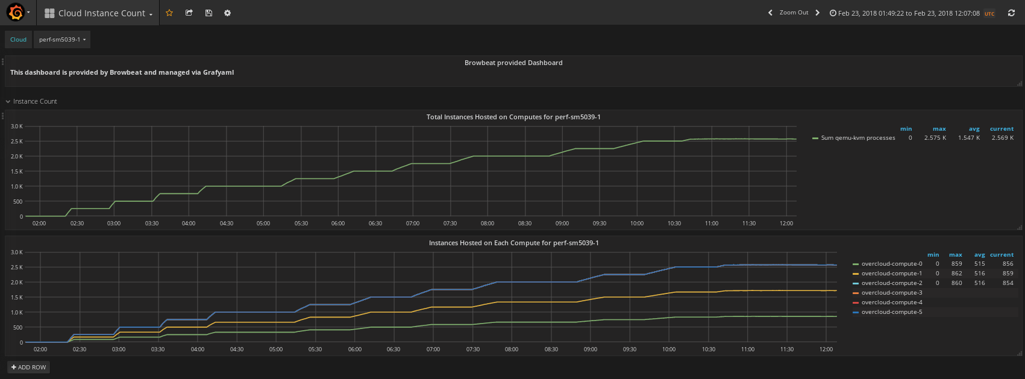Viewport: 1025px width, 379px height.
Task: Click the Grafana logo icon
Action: coord(16,13)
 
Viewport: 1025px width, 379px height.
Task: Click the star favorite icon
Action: coord(169,13)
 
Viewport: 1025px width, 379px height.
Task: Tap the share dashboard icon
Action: coord(189,13)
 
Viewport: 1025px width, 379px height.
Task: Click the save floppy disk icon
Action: coord(208,13)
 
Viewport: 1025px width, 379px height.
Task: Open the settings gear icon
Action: coord(227,13)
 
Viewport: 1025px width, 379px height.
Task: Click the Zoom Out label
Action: coord(794,13)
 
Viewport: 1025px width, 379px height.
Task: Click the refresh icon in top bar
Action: coord(1011,13)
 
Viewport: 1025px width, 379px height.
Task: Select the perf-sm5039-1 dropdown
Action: coord(62,39)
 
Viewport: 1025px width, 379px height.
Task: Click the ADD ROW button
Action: coord(28,367)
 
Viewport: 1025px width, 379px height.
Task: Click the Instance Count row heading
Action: coord(35,101)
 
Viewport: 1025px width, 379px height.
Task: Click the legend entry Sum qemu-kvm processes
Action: coord(858,138)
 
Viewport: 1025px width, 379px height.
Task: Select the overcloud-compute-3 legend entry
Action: coord(892,293)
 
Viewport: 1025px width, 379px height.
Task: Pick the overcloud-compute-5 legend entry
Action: coord(892,312)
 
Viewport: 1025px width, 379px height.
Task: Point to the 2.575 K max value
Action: coord(935,138)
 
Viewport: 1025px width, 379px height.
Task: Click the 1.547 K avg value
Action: coord(969,138)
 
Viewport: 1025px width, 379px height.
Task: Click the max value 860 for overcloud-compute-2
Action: coord(956,283)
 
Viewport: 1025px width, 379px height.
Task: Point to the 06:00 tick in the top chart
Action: coord(338,224)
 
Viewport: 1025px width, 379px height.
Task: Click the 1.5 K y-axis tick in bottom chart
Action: coord(16,298)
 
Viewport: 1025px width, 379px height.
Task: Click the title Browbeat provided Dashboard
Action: coord(513,63)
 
